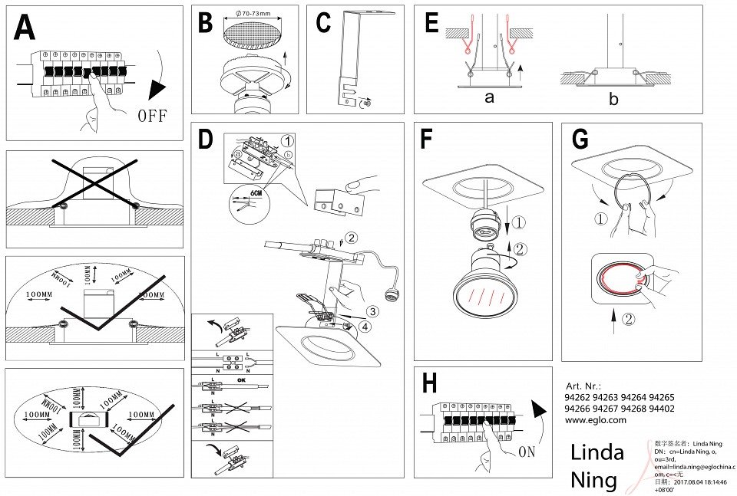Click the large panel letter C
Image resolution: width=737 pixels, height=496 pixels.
point(323,23)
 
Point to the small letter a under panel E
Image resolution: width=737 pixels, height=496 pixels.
point(489,98)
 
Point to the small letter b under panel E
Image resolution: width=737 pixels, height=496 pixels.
point(614,98)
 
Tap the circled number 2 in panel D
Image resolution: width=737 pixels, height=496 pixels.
point(352,237)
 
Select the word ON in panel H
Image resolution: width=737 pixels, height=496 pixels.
point(527,452)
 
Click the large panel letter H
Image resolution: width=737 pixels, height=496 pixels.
point(430,384)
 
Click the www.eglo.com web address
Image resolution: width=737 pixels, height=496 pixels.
point(595,420)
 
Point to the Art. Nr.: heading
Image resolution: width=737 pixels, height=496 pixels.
point(583,386)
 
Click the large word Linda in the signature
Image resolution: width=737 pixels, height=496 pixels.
point(597,452)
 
